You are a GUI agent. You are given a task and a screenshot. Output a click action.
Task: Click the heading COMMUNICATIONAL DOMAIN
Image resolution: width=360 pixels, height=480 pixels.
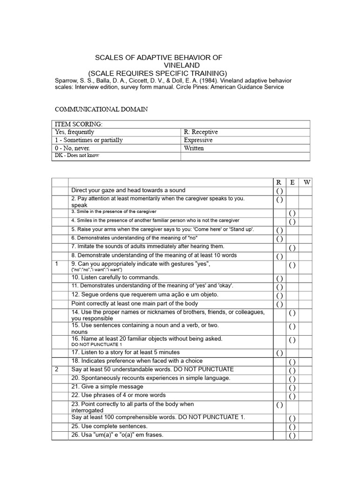(x=101, y=109)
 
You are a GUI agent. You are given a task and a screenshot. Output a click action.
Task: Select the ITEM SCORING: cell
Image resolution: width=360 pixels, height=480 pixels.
(x=79, y=124)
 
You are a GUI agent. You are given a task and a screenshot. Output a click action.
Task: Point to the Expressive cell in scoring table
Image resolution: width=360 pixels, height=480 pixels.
(x=198, y=140)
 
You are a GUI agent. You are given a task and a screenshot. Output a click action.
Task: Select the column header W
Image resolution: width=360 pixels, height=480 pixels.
(x=307, y=182)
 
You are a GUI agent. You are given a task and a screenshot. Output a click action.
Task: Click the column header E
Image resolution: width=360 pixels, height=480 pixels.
(x=292, y=182)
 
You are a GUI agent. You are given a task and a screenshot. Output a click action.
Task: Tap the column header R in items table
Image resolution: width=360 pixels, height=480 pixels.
(x=279, y=182)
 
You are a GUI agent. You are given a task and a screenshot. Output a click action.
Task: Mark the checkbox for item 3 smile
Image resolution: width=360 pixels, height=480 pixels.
(x=292, y=213)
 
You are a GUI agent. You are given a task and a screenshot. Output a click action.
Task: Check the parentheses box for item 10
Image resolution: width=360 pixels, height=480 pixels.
(x=279, y=278)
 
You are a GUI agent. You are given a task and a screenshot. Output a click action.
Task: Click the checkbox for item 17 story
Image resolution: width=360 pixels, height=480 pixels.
(x=279, y=353)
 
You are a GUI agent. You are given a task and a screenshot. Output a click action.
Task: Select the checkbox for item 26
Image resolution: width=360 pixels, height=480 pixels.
(x=292, y=436)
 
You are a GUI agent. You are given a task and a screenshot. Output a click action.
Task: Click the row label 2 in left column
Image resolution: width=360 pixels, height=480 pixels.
(x=57, y=369)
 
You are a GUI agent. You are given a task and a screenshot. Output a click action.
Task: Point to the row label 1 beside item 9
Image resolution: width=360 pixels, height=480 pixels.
(x=57, y=264)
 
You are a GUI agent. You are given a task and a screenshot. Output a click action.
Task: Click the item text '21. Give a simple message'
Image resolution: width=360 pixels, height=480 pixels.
(x=107, y=387)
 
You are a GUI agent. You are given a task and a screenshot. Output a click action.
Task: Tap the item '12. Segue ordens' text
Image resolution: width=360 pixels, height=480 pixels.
(x=138, y=295)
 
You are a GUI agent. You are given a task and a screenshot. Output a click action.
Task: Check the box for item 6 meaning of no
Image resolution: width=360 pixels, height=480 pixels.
(x=279, y=239)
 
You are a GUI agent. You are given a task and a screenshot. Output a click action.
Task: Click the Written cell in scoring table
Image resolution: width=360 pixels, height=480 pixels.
(x=194, y=148)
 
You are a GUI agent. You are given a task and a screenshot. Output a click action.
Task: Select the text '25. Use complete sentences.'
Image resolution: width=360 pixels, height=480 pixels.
(x=109, y=426)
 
